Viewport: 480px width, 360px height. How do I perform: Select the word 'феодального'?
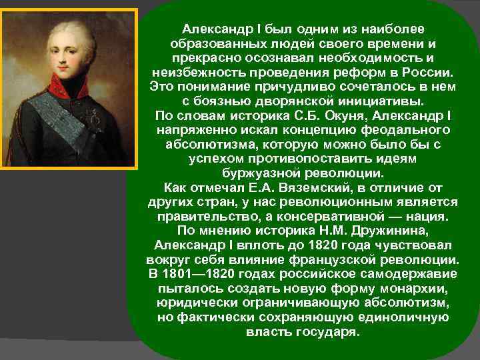[x=395, y=129]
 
